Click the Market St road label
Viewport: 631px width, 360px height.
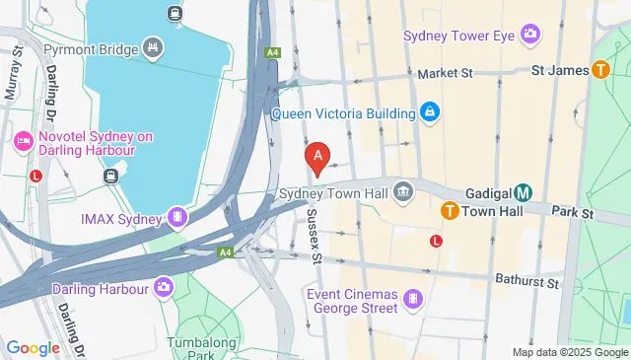446,74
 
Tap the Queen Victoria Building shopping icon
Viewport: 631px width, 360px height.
429,112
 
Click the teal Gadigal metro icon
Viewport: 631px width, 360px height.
524,192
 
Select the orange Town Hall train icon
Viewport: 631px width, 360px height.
449,210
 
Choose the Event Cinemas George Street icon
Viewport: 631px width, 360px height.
411,298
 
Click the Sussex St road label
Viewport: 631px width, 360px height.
315,237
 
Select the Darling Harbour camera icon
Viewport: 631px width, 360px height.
164,288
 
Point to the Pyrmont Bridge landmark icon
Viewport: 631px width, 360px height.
152,46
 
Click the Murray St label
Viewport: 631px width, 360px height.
14,74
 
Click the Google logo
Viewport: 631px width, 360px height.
33,348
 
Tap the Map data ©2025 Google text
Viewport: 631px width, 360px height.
570,352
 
